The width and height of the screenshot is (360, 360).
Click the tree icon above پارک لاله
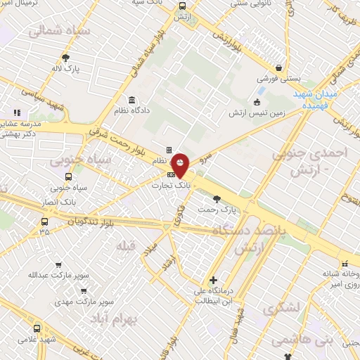tap(66, 58)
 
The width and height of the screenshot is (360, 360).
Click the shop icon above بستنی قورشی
tap(280, 68)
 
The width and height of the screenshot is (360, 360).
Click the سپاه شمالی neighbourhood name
tap(51, 32)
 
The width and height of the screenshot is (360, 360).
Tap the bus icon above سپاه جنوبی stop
tap(68, 177)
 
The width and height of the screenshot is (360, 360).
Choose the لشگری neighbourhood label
tap(281, 308)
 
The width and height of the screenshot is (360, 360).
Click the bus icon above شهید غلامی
tap(37, 328)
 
